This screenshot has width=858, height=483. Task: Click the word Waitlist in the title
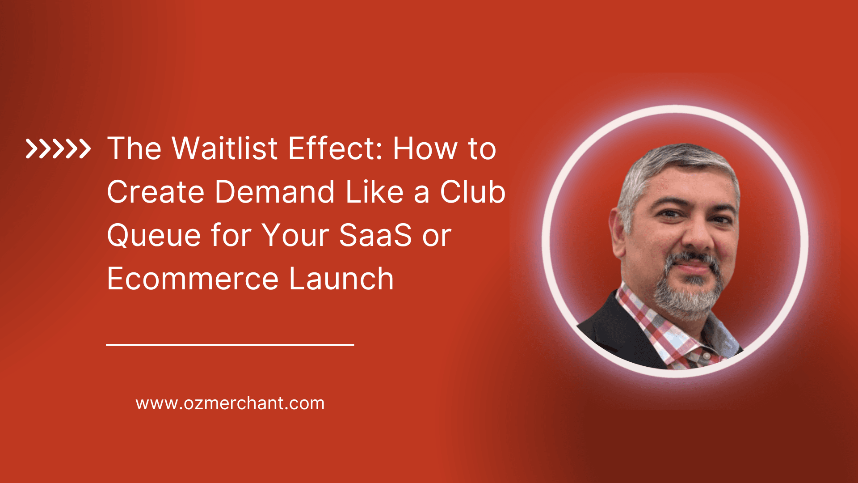click(x=225, y=148)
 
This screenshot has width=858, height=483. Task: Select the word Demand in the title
click(x=274, y=192)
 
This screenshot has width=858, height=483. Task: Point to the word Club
click(x=472, y=192)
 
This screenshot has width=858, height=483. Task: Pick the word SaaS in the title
click(x=375, y=236)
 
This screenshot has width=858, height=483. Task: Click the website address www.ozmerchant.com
click(x=230, y=403)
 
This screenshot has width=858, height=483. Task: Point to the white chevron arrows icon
click(x=58, y=149)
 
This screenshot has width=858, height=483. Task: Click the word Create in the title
click(x=156, y=192)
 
